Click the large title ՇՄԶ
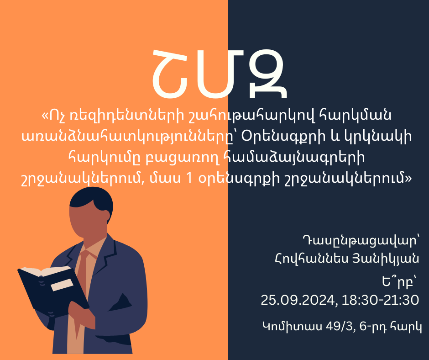[x=220, y=74]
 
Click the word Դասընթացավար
[x=361, y=241]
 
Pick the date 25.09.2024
[x=298, y=300]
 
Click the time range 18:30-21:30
[x=380, y=300]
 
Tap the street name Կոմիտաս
[x=292, y=327]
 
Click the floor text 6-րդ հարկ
[x=390, y=327]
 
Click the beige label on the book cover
[x=62, y=285]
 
